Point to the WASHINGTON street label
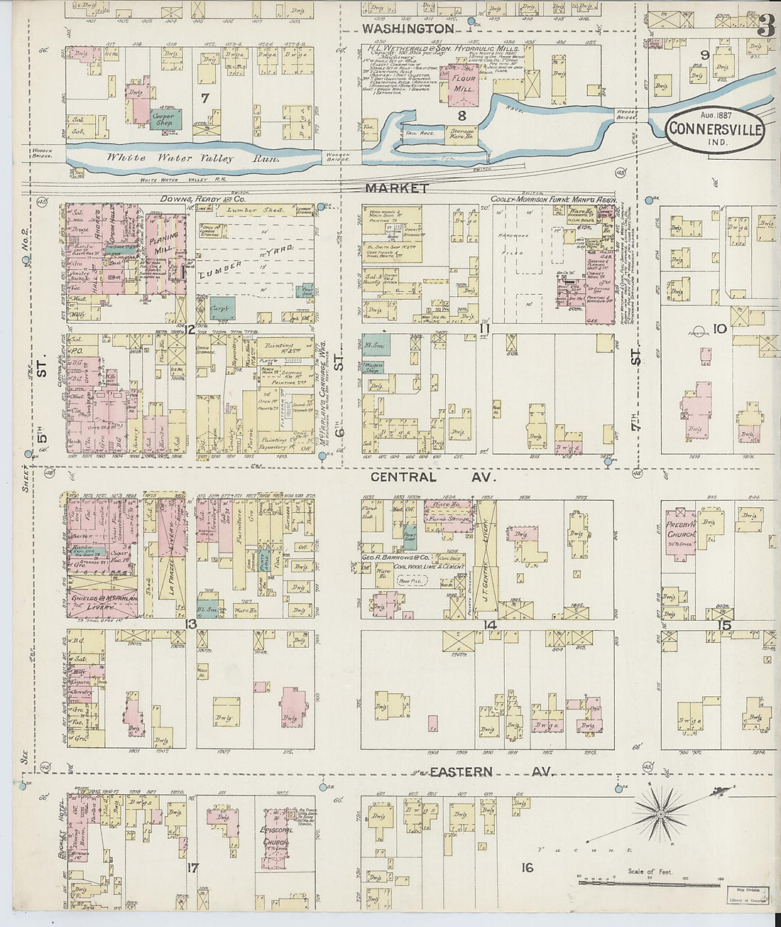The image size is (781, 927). pyautogui.click(x=408, y=28)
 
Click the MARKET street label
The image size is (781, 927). pyautogui.click(x=397, y=188)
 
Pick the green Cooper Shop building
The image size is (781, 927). pyautogui.click(x=164, y=119)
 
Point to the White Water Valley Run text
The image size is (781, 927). pyautogui.click(x=191, y=158)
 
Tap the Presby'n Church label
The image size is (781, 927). pyautogui.click(x=680, y=529)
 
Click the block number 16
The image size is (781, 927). pyautogui.click(x=526, y=867)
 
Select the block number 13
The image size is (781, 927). pyautogui.click(x=190, y=624)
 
